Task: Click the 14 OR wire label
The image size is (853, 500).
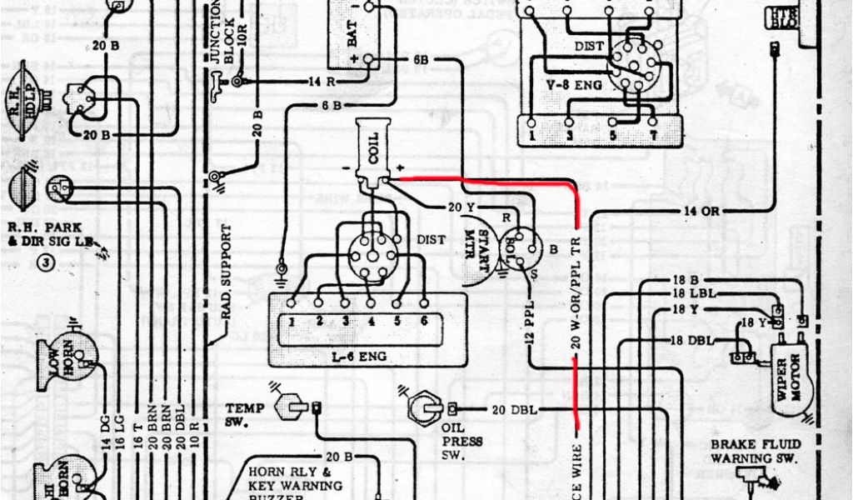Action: [x=701, y=212]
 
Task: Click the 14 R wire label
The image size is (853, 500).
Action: [x=322, y=82]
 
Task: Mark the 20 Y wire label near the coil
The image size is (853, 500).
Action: [x=461, y=207]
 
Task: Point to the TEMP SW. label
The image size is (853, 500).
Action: [x=244, y=415]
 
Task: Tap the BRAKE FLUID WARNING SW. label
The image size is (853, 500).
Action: [x=754, y=452]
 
